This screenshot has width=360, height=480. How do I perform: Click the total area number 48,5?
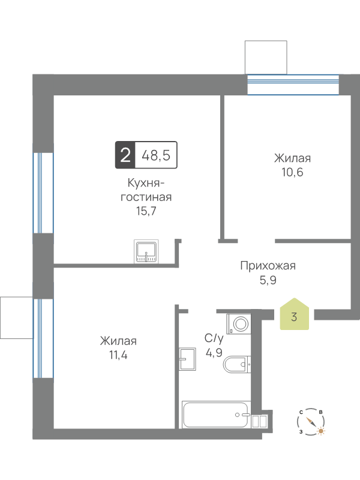pos(156,155)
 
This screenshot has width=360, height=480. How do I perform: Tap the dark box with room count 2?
pos(125,155)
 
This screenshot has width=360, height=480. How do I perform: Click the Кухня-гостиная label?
pos(146,190)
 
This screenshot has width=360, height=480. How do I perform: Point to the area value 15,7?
pos(146,211)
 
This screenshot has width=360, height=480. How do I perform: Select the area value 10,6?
pos(292,172)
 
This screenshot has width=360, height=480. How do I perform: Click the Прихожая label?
pos(268,266)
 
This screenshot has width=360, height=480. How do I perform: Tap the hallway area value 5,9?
pos(268,280)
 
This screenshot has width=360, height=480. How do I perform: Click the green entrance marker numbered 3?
pos(294,314)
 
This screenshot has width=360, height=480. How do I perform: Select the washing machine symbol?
pos(238,323)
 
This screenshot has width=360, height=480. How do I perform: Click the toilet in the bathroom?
pos(237,364)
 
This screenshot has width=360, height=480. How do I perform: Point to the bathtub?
pos(216,415)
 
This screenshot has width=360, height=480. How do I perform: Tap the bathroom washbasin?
pos(187,359)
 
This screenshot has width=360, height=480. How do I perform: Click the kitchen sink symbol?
pos(146,251)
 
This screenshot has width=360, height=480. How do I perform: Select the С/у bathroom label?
pos(214,338)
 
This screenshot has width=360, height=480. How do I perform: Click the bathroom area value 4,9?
pos(214,353)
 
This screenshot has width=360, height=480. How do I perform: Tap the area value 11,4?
pos(118,355)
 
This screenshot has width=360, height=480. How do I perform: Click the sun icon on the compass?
pos(321,431)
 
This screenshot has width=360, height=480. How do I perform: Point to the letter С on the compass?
pos(301,412)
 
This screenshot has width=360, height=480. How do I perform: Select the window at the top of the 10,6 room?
pos(293,85)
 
